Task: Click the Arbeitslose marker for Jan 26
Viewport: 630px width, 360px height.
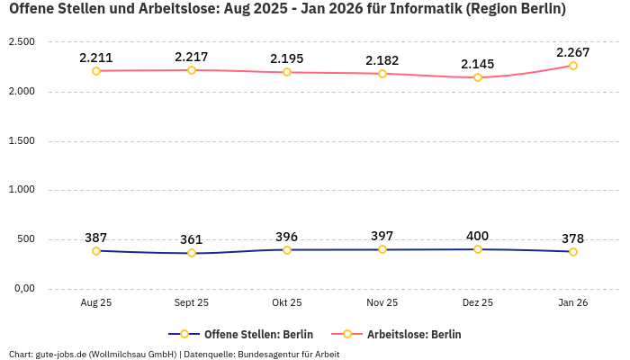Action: [x=573, y=66]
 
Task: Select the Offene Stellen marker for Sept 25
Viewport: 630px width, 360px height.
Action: [x=192, y=253]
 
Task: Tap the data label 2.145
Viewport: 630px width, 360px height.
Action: [x=478, y=64]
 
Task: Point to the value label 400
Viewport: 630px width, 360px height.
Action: [x=478, y=236]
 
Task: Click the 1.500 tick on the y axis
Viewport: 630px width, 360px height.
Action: [x=22, y=140]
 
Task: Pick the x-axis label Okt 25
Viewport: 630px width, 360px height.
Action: [x=287, y=303]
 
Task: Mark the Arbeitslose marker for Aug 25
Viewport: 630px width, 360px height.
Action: [x=96, y=70]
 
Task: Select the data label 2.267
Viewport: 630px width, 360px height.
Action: [x=573, y=52]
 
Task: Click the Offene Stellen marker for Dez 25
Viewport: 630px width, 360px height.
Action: [x=478, y=249]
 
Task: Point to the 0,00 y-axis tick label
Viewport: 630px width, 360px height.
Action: [x=22, y=288]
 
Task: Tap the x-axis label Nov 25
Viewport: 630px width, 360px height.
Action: [x=382, y=303]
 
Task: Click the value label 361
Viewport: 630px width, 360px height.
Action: [x=192, y=239]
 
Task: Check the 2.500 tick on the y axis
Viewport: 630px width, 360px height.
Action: [x=22, y=42]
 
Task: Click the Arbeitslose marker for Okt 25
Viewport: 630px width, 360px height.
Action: [x=287, y=72]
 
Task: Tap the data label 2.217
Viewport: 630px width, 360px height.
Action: [x=192, y=57]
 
